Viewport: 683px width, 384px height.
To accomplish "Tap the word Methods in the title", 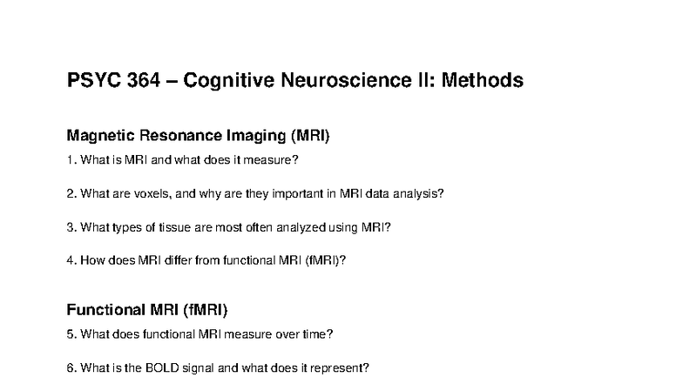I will pos(483,81).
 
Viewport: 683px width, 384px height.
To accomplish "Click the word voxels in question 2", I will pos(154,193).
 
